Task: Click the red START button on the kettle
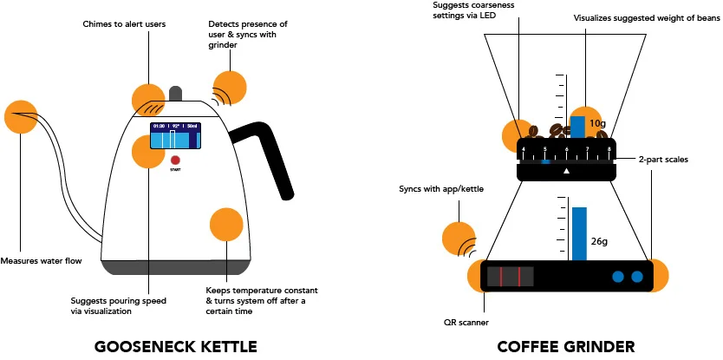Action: [x=174, y=160]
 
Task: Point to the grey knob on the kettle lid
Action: [x=177, y=94]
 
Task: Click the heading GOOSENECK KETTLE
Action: [x=175, y=347]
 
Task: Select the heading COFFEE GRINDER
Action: [x=565, y=347]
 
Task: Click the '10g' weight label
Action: [x=597, y=124]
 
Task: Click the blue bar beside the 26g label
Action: [x=579, y=233]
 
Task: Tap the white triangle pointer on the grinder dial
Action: [x=566, y=171]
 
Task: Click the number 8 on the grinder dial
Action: [x=609, y=149]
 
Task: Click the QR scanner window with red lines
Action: [x=510, y=277]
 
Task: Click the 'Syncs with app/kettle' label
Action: [x=441, y=188]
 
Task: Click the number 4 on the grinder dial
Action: [x=524, y=149]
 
